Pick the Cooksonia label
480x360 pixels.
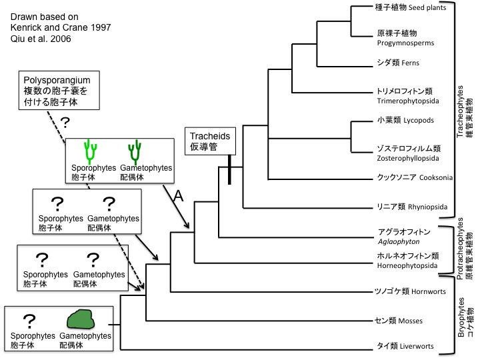click(x=405, y=178)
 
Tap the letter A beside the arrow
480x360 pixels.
click(x=178, y=196)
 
